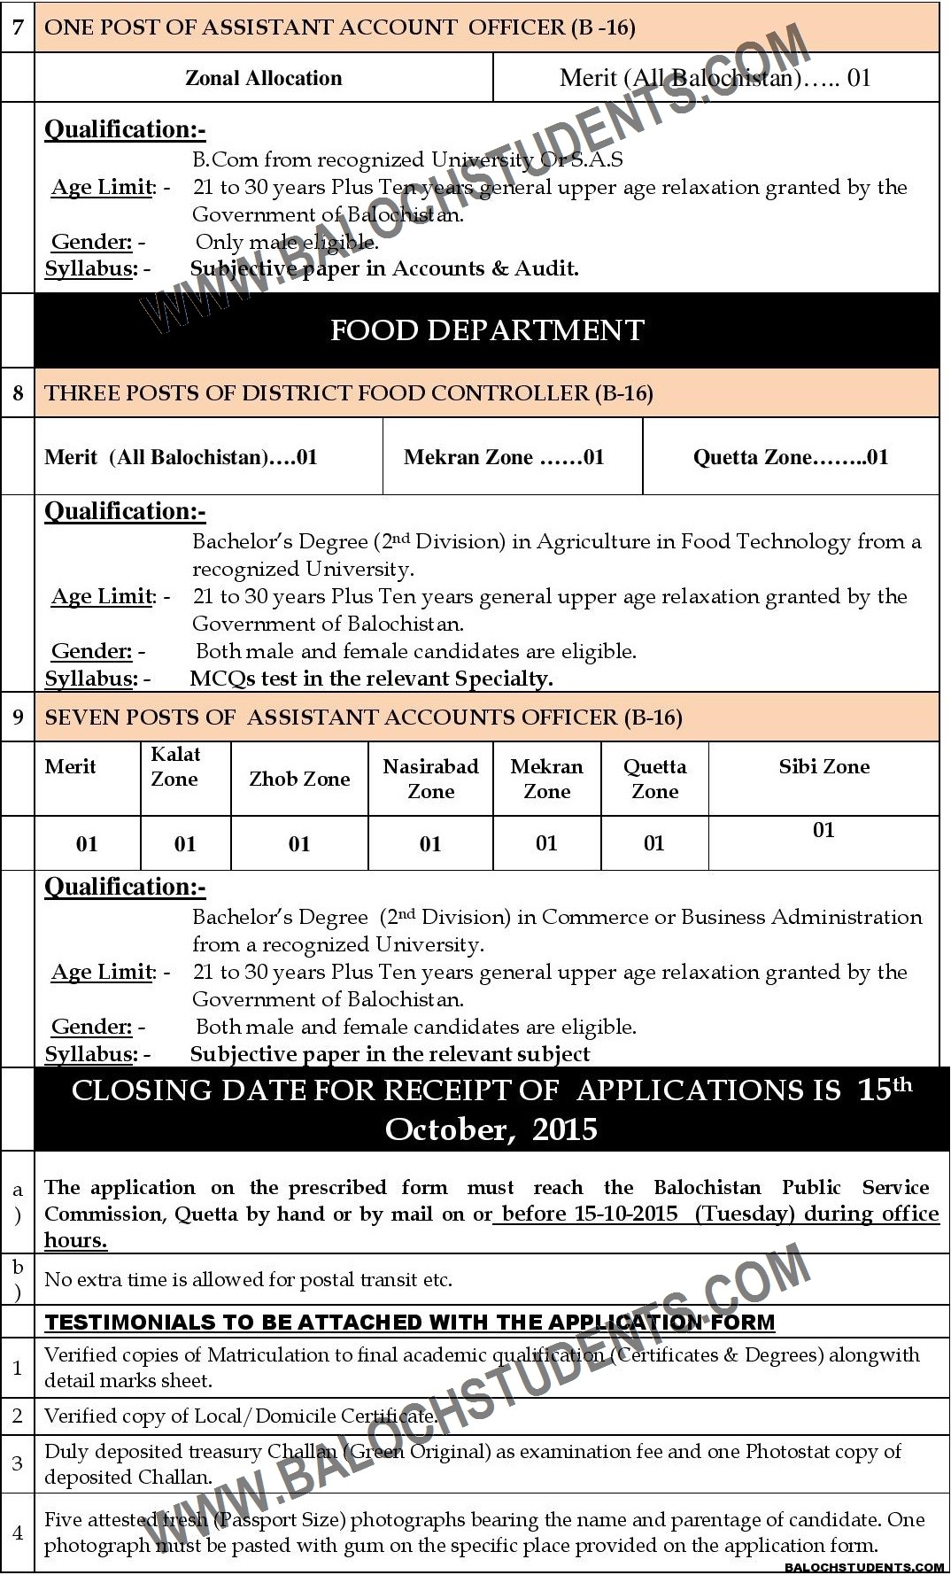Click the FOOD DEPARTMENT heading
487,330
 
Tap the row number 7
18,27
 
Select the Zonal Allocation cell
263,78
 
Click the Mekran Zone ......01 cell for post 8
504,457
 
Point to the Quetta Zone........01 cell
790,457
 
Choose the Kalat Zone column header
175,766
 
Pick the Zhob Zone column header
299,779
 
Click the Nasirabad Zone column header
430,779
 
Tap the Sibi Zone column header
823,766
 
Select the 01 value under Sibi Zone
823,830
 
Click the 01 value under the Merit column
87,843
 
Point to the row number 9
18,717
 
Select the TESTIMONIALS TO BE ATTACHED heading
409,1323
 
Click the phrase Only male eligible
287,242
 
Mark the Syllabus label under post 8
90,679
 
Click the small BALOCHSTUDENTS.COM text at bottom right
865,1567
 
